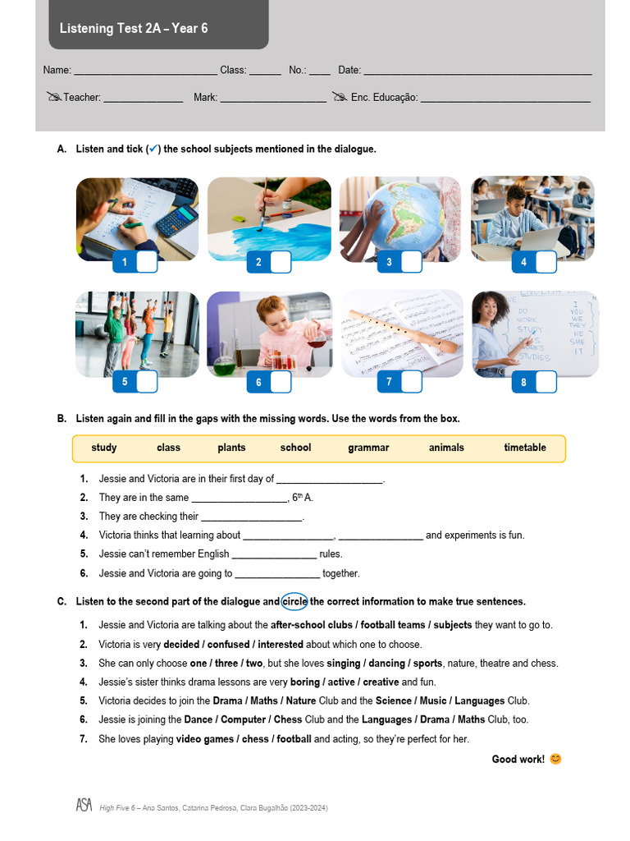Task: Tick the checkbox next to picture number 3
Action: (x=411, y=262)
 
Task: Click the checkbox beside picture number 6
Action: (x=281, y=382)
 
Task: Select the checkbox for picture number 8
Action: (x=546, y=382)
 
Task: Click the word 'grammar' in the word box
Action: (x=368, y=448)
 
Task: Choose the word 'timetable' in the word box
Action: (x=525, y=448)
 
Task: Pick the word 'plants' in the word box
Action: (x=231, y=448)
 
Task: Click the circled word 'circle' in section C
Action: (x=294, y=601)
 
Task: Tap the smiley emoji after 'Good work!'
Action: (x=555, y=759)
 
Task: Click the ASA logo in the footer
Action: (x=84, y=807)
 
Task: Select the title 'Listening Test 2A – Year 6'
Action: (x=134, y=29)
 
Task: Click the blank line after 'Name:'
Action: (x=145, y=71)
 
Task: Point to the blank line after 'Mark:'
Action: (x=273, y=99)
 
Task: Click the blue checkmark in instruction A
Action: (x=153, y=149)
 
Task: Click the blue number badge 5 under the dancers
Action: (x=125, y=382)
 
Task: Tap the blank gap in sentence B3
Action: (x=252, y=517)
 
